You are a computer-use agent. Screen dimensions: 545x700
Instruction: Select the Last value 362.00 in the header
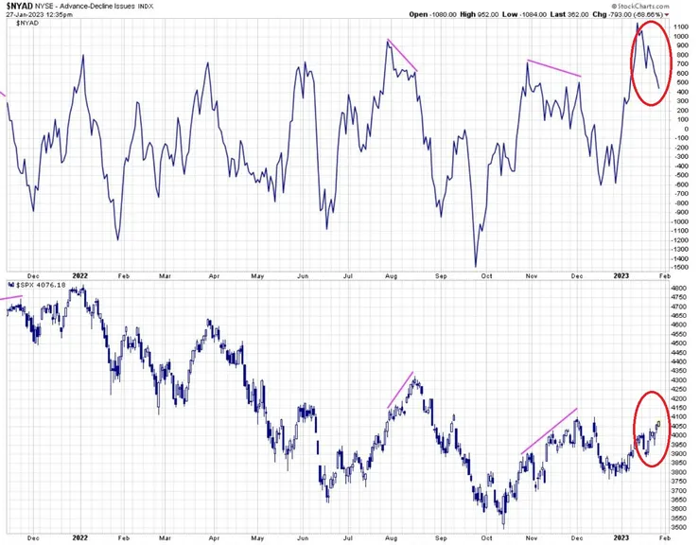point(581,15)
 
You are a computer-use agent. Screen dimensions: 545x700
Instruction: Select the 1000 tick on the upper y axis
point(680,36)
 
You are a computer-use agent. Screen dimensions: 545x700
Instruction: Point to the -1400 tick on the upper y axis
point(680,258)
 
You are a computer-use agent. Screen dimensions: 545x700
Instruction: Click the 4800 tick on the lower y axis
point(679,287)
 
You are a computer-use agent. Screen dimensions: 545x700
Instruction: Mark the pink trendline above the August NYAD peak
point(402,56)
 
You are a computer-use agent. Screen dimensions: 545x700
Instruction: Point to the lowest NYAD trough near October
point(476,266)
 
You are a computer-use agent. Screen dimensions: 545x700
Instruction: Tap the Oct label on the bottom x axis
point(486,537)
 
